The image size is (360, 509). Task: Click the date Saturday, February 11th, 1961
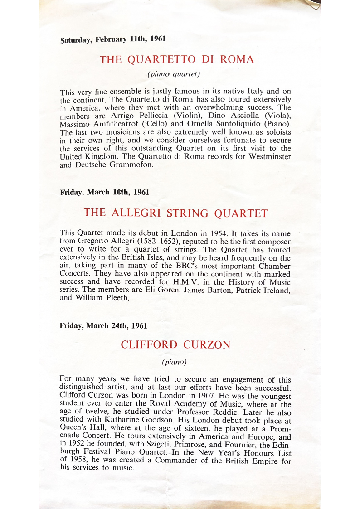coord(113,39)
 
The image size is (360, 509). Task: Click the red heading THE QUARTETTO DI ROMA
coord(177,59)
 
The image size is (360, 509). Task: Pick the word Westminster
coord(268,156)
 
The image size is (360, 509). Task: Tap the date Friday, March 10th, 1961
coord(105,192)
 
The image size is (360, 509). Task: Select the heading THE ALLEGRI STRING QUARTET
coord(176,213)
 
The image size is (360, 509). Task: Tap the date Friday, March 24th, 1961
coord(103,325)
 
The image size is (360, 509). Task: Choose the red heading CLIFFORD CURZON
coord(175,344)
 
